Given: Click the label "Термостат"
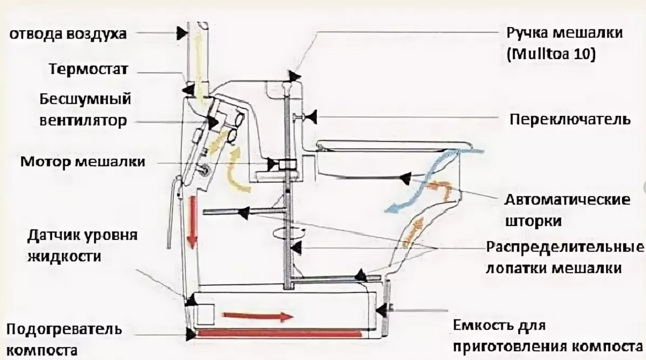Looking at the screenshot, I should (x=89, y=70).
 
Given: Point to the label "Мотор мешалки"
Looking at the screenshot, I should (x=82, y=162).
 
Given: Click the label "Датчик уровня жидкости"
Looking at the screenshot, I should (x=82, y=246).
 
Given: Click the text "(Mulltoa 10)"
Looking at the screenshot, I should (x=551, y=54).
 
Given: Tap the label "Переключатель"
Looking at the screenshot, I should (x=570, y=119).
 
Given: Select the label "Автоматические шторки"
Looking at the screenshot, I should (x=567, y=210).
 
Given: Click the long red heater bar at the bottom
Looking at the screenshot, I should (x=279, y=333).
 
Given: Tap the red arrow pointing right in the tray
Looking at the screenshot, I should (x=258, y=317).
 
